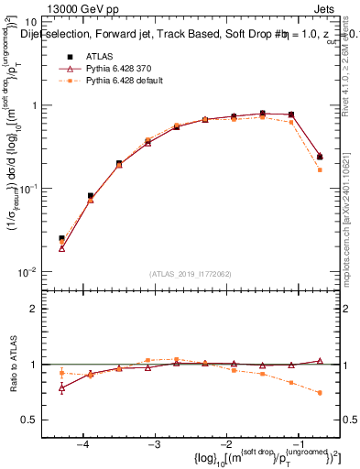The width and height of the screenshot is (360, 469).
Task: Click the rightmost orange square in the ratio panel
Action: point(319,393)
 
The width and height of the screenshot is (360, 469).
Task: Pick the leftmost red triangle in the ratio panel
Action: point(61,387)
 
